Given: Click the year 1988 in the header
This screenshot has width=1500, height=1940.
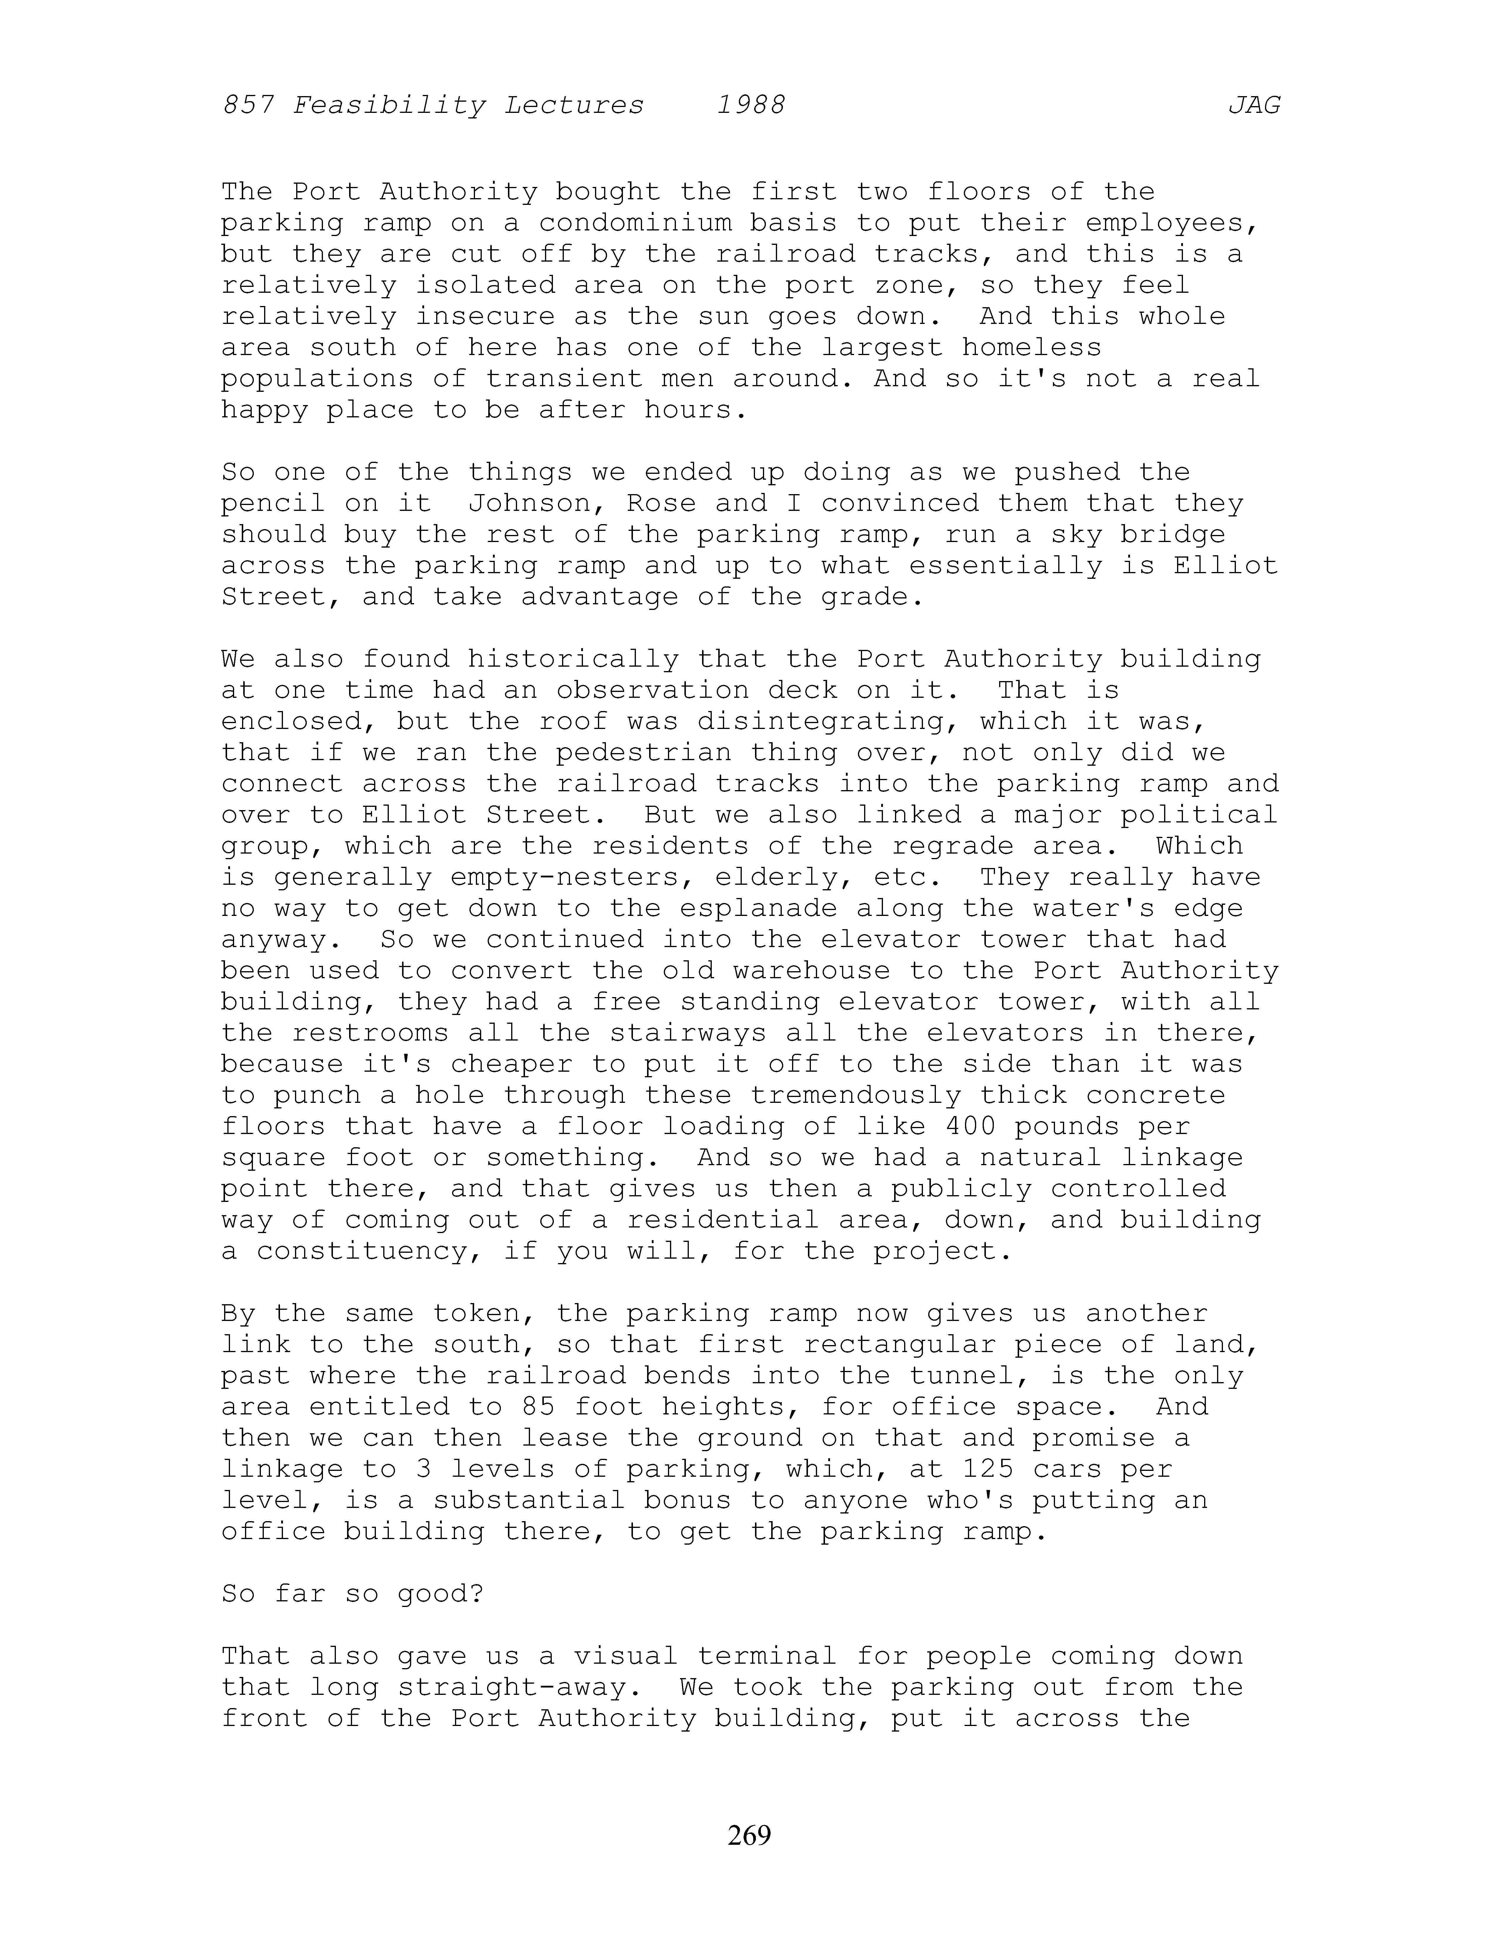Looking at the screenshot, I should point(751,106).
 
